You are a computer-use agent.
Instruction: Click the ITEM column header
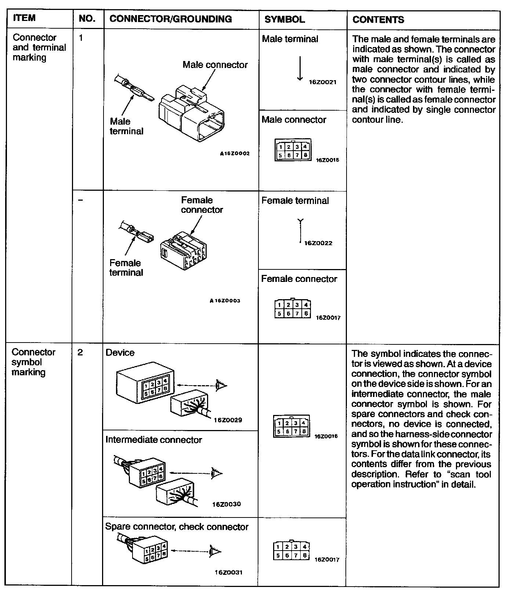point(25,19)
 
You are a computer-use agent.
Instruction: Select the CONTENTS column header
point(378,19)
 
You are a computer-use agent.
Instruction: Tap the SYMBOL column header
point(285,19)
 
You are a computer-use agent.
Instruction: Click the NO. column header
point(87,19)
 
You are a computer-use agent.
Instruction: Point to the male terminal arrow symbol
point(300,68)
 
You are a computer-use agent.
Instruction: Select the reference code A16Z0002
point(235,154)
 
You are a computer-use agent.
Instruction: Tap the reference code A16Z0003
point(225,301)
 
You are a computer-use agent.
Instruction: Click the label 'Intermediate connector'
point(153,440)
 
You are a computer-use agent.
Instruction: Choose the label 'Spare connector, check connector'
point(177,527)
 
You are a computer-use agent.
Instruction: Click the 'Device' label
point(120,352)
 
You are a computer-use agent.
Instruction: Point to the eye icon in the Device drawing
point(221,386)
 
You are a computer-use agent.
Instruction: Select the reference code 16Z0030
point(226,504)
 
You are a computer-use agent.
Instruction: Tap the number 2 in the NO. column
point(80,352)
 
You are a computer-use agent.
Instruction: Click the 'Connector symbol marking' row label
point(33,362)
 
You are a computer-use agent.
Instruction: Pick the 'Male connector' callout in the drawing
point(215,65)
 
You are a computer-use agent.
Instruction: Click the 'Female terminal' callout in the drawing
point(126,268)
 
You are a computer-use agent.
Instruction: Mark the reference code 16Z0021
point(322,82)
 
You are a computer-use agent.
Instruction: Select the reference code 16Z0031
point(228,572)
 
